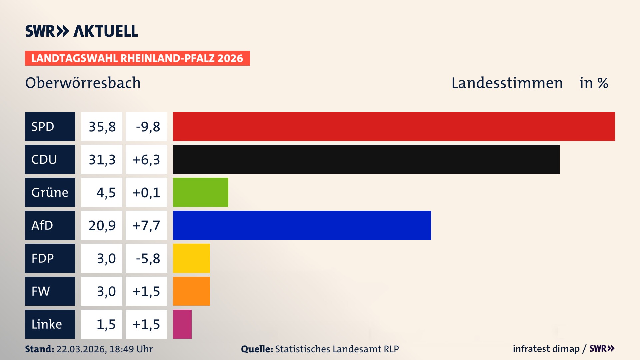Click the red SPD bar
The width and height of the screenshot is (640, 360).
point(393,126)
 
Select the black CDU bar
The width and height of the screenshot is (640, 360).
point(366,159)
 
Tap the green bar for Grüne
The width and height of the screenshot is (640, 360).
point(200,192)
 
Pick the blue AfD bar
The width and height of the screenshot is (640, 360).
point(302,225)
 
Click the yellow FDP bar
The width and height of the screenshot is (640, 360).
point(191,258)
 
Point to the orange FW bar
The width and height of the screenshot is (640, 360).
point(191,291)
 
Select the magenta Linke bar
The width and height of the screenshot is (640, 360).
point(182,324)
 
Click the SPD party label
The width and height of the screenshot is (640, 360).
point(50,126)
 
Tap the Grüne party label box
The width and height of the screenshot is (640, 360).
point(50,192)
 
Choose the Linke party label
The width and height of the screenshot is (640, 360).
point(50,324)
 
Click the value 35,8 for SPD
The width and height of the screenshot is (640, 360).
point(102,127)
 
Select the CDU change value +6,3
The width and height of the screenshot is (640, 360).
point(146,160)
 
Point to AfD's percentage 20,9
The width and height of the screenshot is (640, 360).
point(102,226)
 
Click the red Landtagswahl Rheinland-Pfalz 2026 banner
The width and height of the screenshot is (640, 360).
point(137,58)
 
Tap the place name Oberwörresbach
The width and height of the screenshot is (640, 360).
point(83,83)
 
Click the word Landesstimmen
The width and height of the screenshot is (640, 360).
point(507,83)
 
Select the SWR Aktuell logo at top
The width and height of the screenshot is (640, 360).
point(82,31)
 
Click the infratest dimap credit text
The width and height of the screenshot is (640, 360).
point(546,349)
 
